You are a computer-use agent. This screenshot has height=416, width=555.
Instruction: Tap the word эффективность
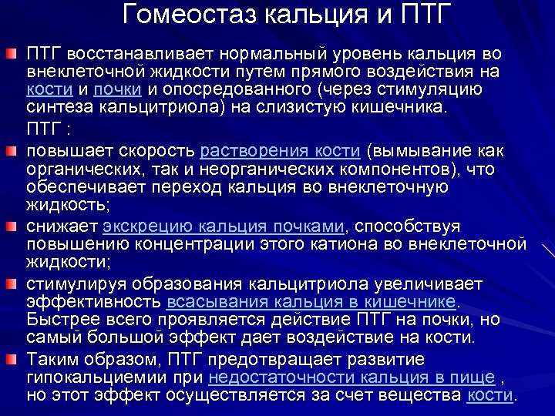[x=92, y=300]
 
